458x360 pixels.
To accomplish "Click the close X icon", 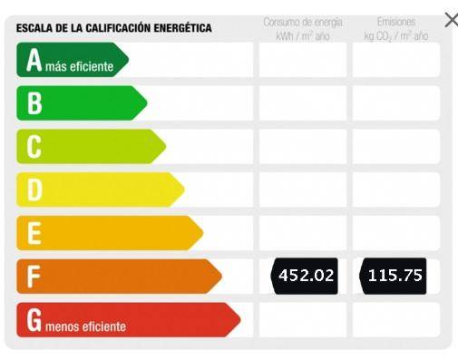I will pos(451,20).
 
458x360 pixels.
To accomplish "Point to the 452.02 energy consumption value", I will pos(305,276).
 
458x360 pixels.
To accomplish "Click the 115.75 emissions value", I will pos(394,276).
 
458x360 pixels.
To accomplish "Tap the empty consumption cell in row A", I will pos(303,60).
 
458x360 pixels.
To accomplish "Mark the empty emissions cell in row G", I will pos(395,320).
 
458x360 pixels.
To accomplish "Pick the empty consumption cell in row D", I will pos(303,190).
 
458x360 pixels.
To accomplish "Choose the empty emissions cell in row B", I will pos(395,103).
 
